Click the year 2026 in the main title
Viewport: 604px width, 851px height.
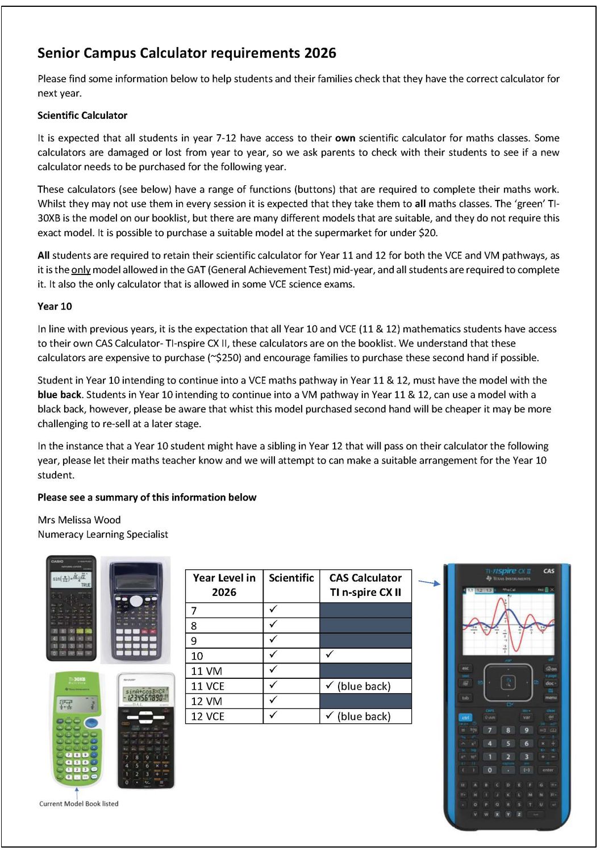320,53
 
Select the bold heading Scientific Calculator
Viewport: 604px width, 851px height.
82,115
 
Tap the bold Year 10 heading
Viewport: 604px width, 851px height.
55,306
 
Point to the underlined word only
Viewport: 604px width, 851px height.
81,270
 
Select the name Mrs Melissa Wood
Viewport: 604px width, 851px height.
79,520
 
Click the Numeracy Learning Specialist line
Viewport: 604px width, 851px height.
103,535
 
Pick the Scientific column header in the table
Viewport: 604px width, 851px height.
291,578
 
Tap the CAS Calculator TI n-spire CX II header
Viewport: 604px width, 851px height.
365,585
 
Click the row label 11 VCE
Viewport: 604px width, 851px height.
207,686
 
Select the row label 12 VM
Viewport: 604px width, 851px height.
206,702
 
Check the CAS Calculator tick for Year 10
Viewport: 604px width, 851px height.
330,654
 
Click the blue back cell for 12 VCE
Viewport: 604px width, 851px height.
364,716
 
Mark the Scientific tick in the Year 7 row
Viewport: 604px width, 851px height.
273,609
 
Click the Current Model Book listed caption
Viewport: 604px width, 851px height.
79,804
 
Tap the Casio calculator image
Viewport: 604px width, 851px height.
71,608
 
